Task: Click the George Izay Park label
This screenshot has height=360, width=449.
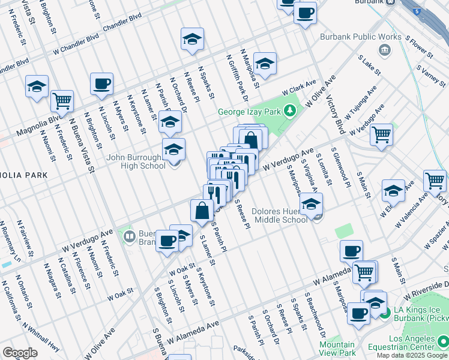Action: [x=250, y=112]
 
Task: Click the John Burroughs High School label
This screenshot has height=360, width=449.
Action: [x=136, y=162]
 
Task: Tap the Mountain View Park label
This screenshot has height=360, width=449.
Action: [x=337, y=349]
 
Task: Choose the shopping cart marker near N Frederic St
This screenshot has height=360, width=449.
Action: [x=62, y=101]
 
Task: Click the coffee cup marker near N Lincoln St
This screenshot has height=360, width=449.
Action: [x=101, y=83]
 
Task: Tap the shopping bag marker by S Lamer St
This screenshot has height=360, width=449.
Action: [x=202, y=210]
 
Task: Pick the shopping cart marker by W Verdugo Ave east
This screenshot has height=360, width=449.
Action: [x=381, y=135]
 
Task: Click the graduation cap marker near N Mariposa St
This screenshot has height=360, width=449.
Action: [x=265, y=64]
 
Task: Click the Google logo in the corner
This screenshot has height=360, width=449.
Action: [x=20, y=353]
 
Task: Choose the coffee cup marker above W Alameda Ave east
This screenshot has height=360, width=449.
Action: [x=351, y=250]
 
